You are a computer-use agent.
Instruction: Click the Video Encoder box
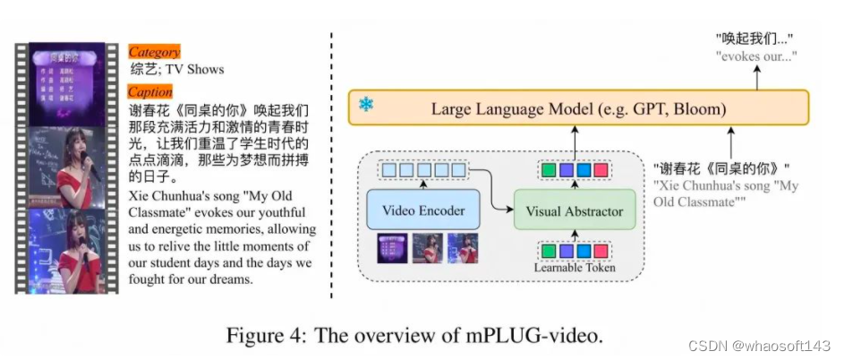(x=422, y=210)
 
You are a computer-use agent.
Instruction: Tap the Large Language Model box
(x=578, y=109)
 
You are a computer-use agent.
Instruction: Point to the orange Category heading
(x=154, y=52)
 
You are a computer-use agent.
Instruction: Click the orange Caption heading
(x=150, y=92)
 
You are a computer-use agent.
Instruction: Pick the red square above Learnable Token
(x=601, y=250)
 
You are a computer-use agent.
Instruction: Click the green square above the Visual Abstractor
(x=547, y=169)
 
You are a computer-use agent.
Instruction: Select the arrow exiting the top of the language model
(x=755, y=79)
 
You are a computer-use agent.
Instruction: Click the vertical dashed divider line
(x=333, y=161)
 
